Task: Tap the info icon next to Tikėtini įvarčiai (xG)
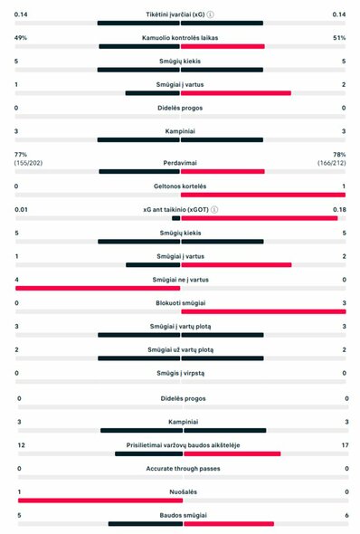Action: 211,14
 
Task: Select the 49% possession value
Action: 21,38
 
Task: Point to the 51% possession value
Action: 339,38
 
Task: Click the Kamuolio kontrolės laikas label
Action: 181,38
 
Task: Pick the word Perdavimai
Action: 181,163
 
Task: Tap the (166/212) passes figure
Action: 331,163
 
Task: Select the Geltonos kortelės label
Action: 181,186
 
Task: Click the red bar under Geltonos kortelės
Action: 262,195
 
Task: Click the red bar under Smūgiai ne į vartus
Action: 98,288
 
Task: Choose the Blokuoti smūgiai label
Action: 181,303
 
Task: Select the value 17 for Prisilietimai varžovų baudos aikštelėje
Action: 340,445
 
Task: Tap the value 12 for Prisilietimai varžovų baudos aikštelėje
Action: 21,445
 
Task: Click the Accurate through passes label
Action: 181,468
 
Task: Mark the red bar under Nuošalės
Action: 99,500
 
